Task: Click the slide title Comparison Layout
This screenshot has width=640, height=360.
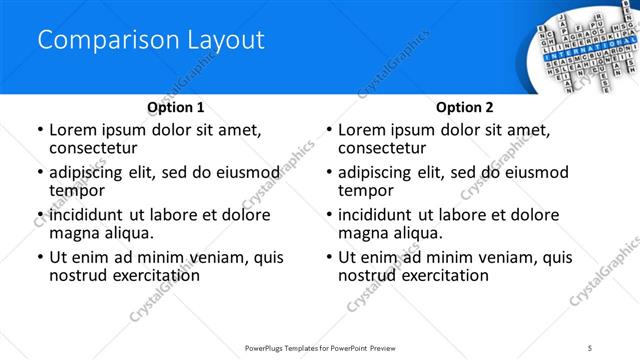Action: (151, 40)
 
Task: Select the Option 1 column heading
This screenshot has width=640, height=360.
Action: (176, 107)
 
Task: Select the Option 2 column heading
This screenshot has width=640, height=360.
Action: (465, 107)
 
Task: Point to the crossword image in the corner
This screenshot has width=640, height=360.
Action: (580, 45)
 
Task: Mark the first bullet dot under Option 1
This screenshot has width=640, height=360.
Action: (39, 131)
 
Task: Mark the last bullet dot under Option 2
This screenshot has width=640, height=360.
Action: (328, 257)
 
